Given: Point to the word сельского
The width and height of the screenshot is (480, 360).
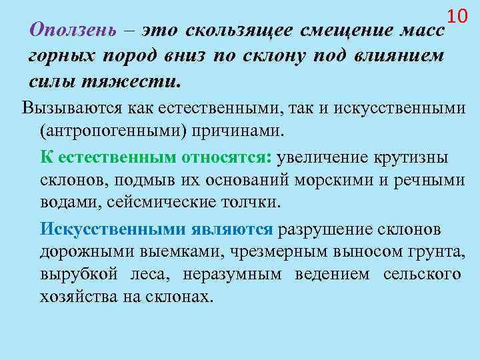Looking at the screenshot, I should (x=421, y=275).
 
